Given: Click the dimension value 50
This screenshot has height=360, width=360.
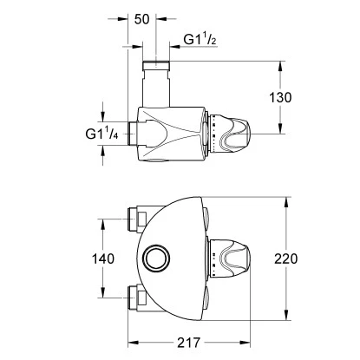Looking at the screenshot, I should click(x=143, y=18).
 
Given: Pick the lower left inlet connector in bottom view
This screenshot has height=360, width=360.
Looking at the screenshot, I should click(x=136, y=297).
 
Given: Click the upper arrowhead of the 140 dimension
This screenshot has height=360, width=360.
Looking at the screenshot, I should click(x=106, y=219).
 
